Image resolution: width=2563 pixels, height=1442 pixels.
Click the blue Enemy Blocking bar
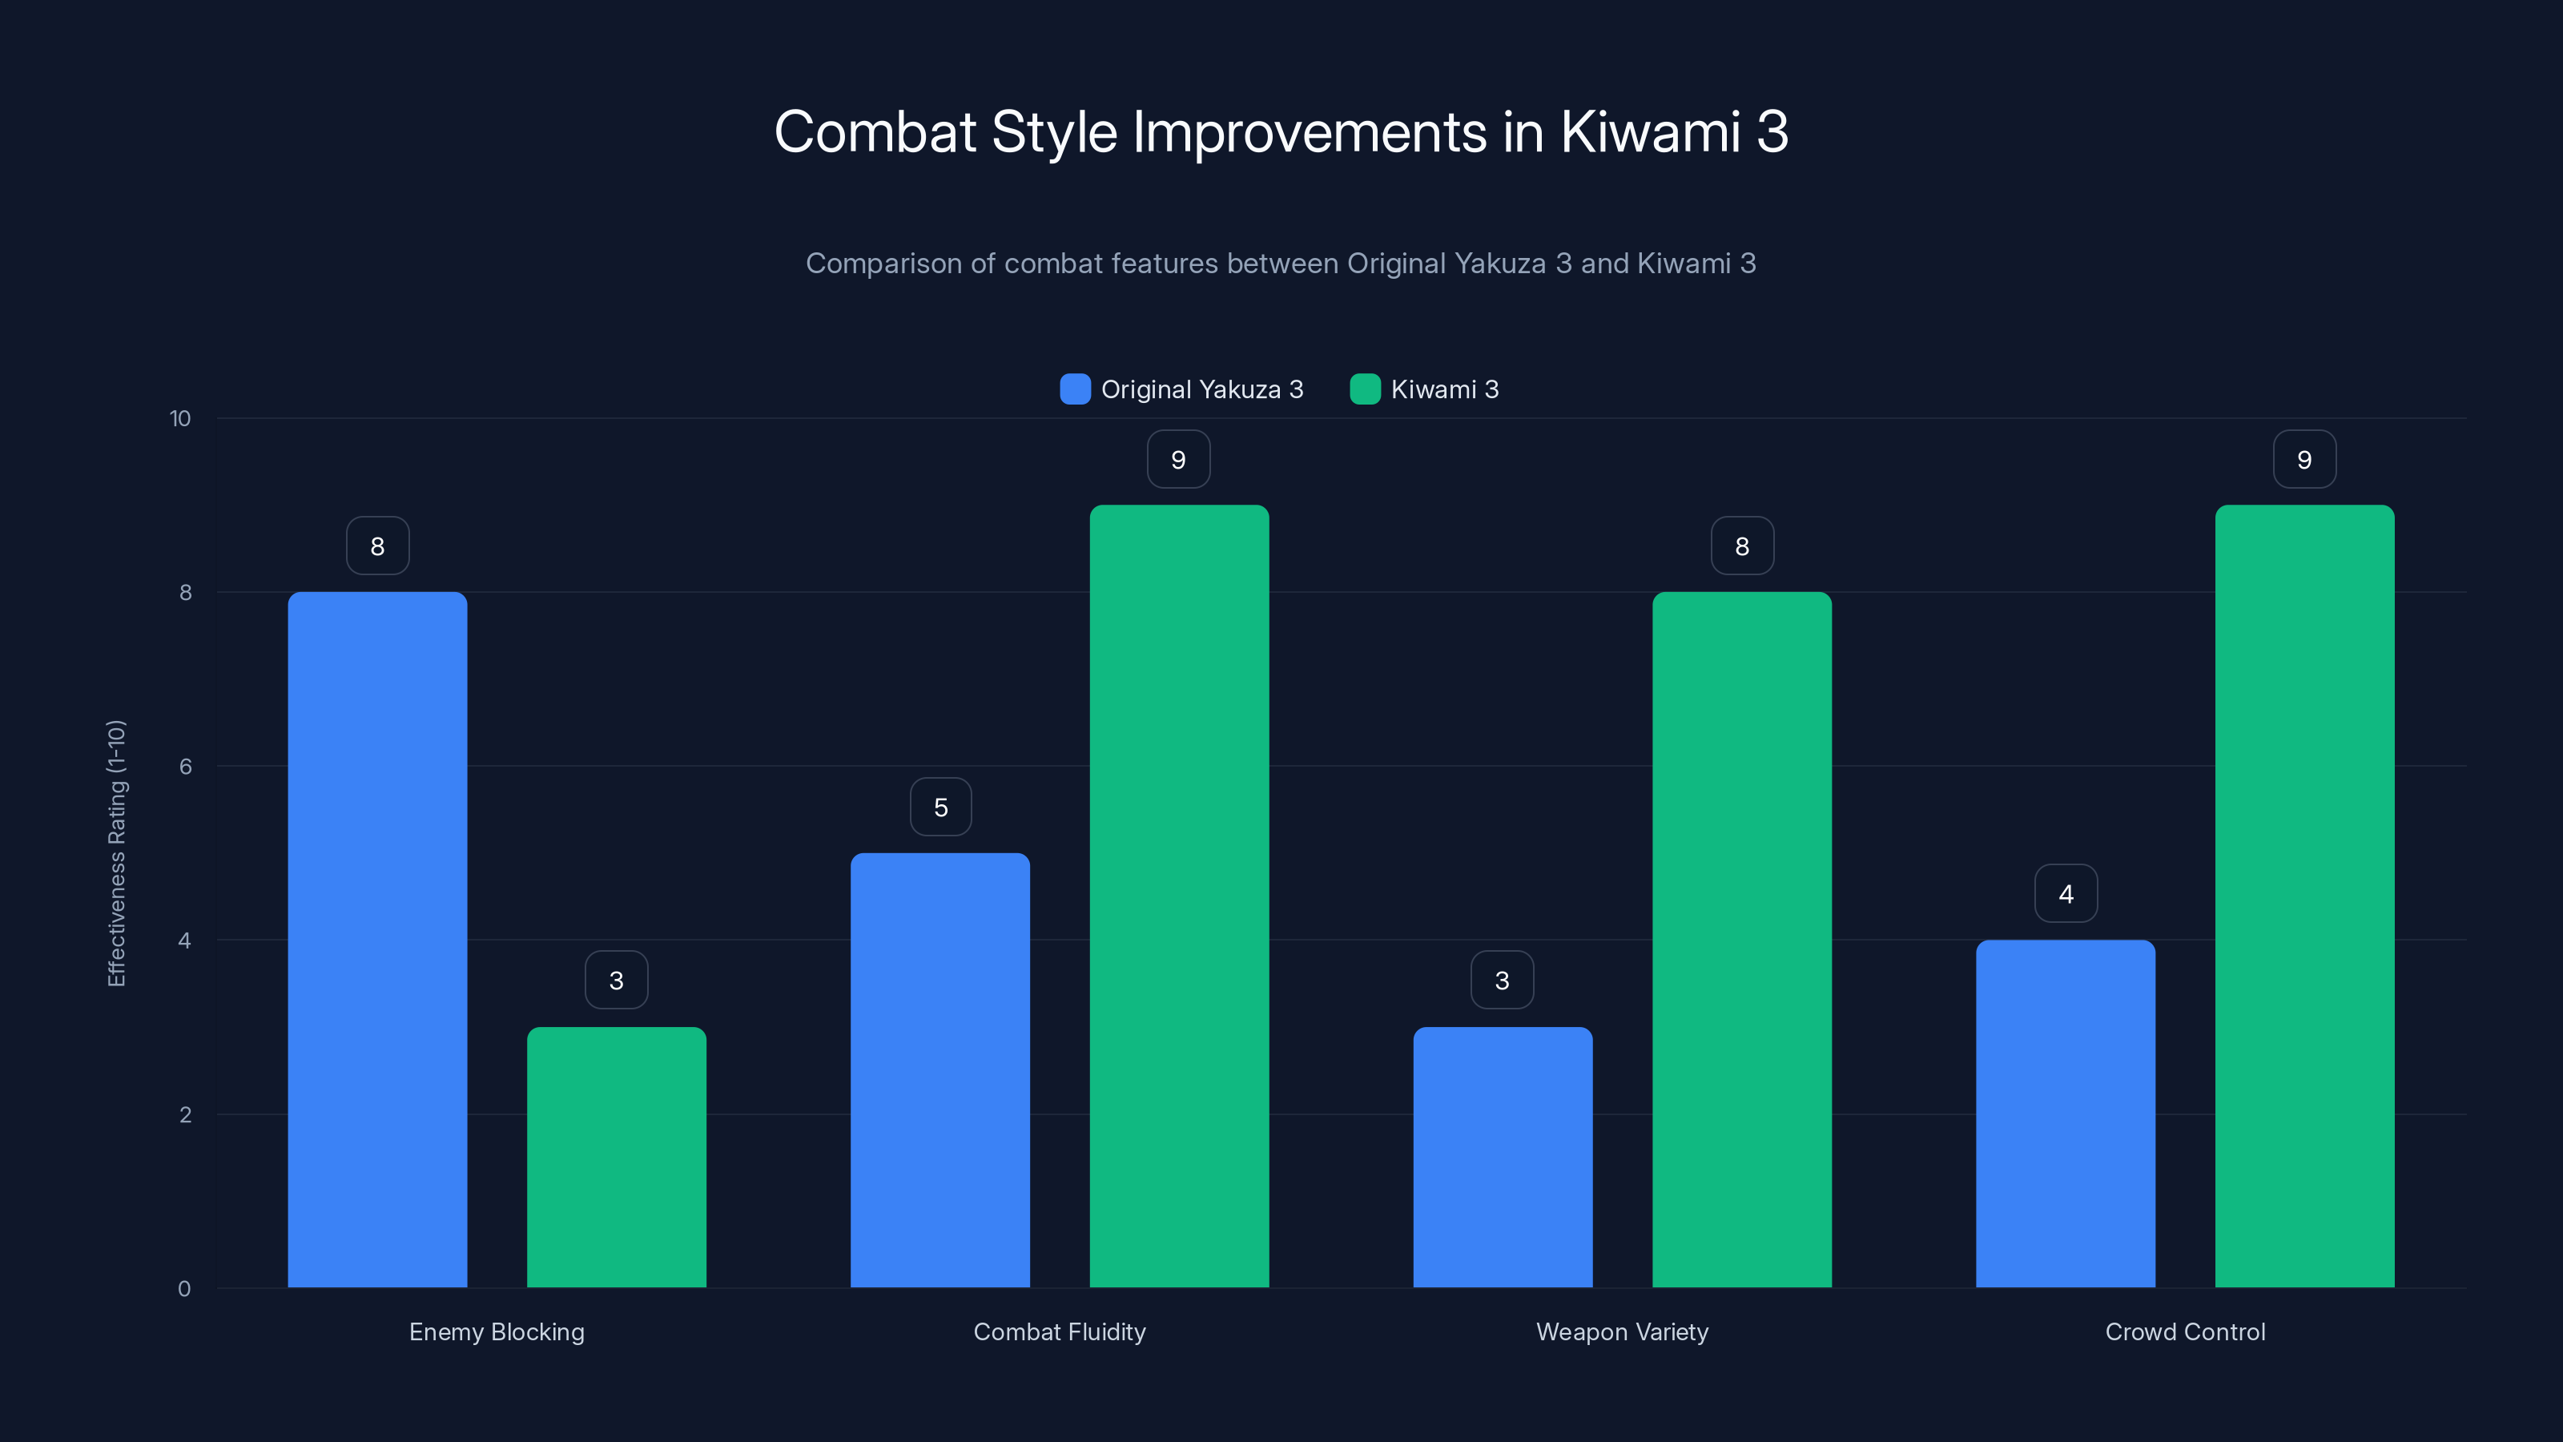(377, 940)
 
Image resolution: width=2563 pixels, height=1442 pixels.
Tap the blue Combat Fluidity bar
(939, 1069)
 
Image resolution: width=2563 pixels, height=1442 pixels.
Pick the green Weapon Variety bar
(1741, 940)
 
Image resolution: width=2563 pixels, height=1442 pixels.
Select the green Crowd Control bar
(2304, 896)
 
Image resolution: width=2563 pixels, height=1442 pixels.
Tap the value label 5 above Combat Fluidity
(940, 807)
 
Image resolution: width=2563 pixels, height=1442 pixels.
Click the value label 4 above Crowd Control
(2066, 894)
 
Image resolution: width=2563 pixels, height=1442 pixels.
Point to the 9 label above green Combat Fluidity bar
(1178, 460)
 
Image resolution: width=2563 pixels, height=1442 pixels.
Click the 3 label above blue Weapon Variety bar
(1502, 981)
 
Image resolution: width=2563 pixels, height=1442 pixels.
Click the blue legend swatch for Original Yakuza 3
(1075, 389)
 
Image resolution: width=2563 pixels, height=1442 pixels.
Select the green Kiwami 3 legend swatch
(1364, 389)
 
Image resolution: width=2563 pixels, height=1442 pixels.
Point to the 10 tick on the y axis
(180, 418)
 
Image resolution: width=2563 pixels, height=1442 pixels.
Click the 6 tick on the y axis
(185, 767)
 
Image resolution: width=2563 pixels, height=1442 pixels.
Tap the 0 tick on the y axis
(184, 1289)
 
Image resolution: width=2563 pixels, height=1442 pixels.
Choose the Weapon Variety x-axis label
(1622, 1331)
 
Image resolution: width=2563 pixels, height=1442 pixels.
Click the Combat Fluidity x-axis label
(1059, 1331)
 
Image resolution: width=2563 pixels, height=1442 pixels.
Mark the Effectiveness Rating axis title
(116, 853)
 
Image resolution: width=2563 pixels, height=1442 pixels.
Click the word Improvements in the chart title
(1310, 132)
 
